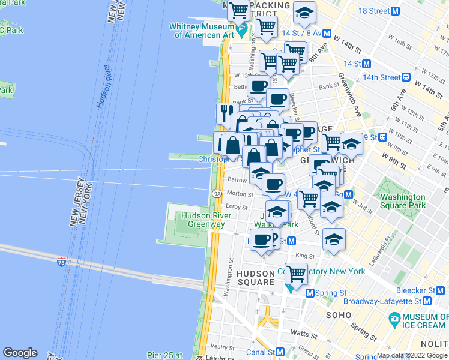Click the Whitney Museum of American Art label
point(202,31)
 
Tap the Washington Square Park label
point(403,201)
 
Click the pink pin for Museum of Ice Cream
point(394,317)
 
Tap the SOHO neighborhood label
point(337,314)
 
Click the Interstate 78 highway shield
point(61,262)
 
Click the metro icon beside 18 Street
point(396,11)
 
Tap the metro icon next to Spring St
point(310,293)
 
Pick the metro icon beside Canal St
point(280,352)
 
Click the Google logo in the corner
point(20,353)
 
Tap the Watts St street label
point(306,334)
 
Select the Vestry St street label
point(223,347)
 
